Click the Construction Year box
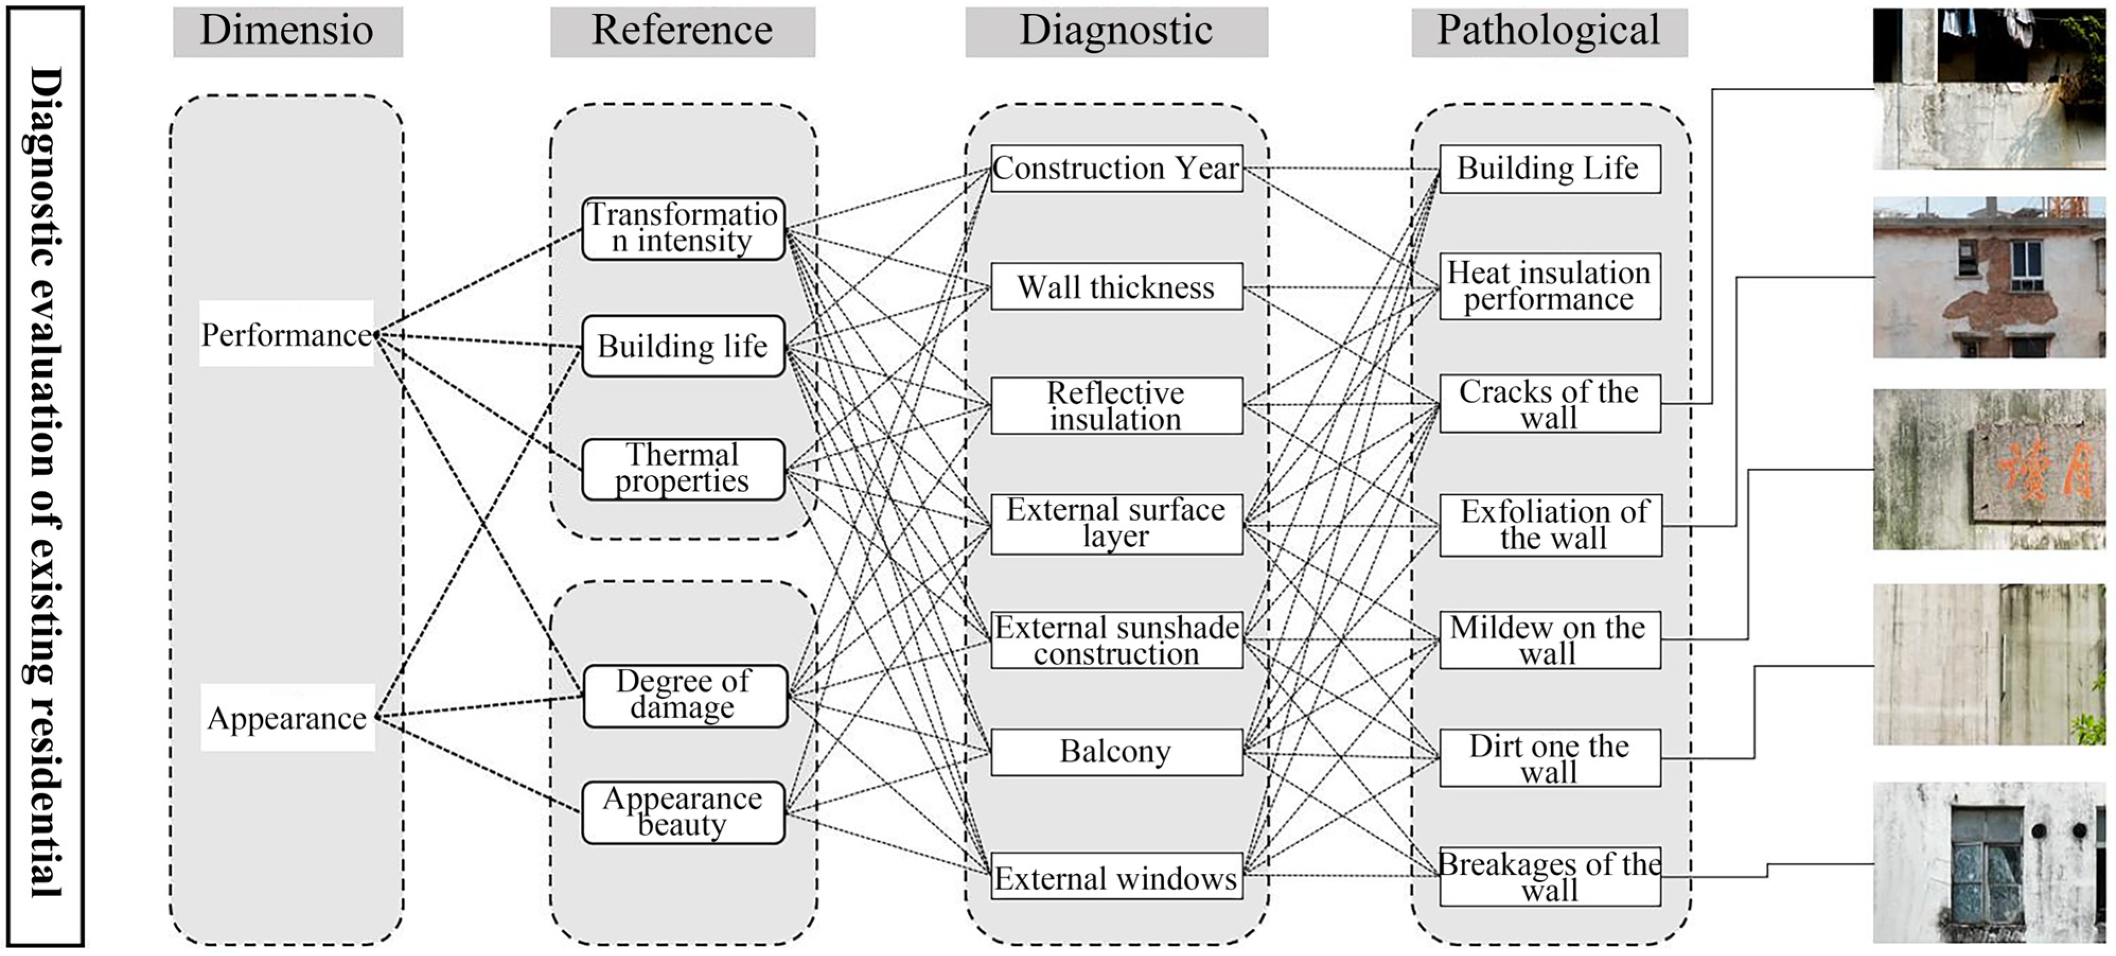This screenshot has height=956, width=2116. click(x=1117, y=168)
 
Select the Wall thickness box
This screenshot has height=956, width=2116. click(x=1117, y=287)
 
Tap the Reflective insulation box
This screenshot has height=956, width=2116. click(x=1117, y=406)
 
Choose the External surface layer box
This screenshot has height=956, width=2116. click(x=1117, y=524)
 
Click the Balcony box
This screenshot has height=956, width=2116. click(x=1117, y=752)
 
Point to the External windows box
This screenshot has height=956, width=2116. click(x=1117, y=877)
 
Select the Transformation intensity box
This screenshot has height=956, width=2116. click(x=684, y=228)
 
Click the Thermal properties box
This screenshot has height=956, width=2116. click(x=684, y=469)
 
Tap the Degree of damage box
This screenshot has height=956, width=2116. click(x=685, y=695)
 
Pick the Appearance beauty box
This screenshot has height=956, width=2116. click(x=684, y=812)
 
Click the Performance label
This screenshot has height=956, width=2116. click(x=287, y=334)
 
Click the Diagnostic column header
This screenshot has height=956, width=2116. click(x=1117, y=32)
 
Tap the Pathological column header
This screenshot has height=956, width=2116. click(x=1549, y=32)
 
